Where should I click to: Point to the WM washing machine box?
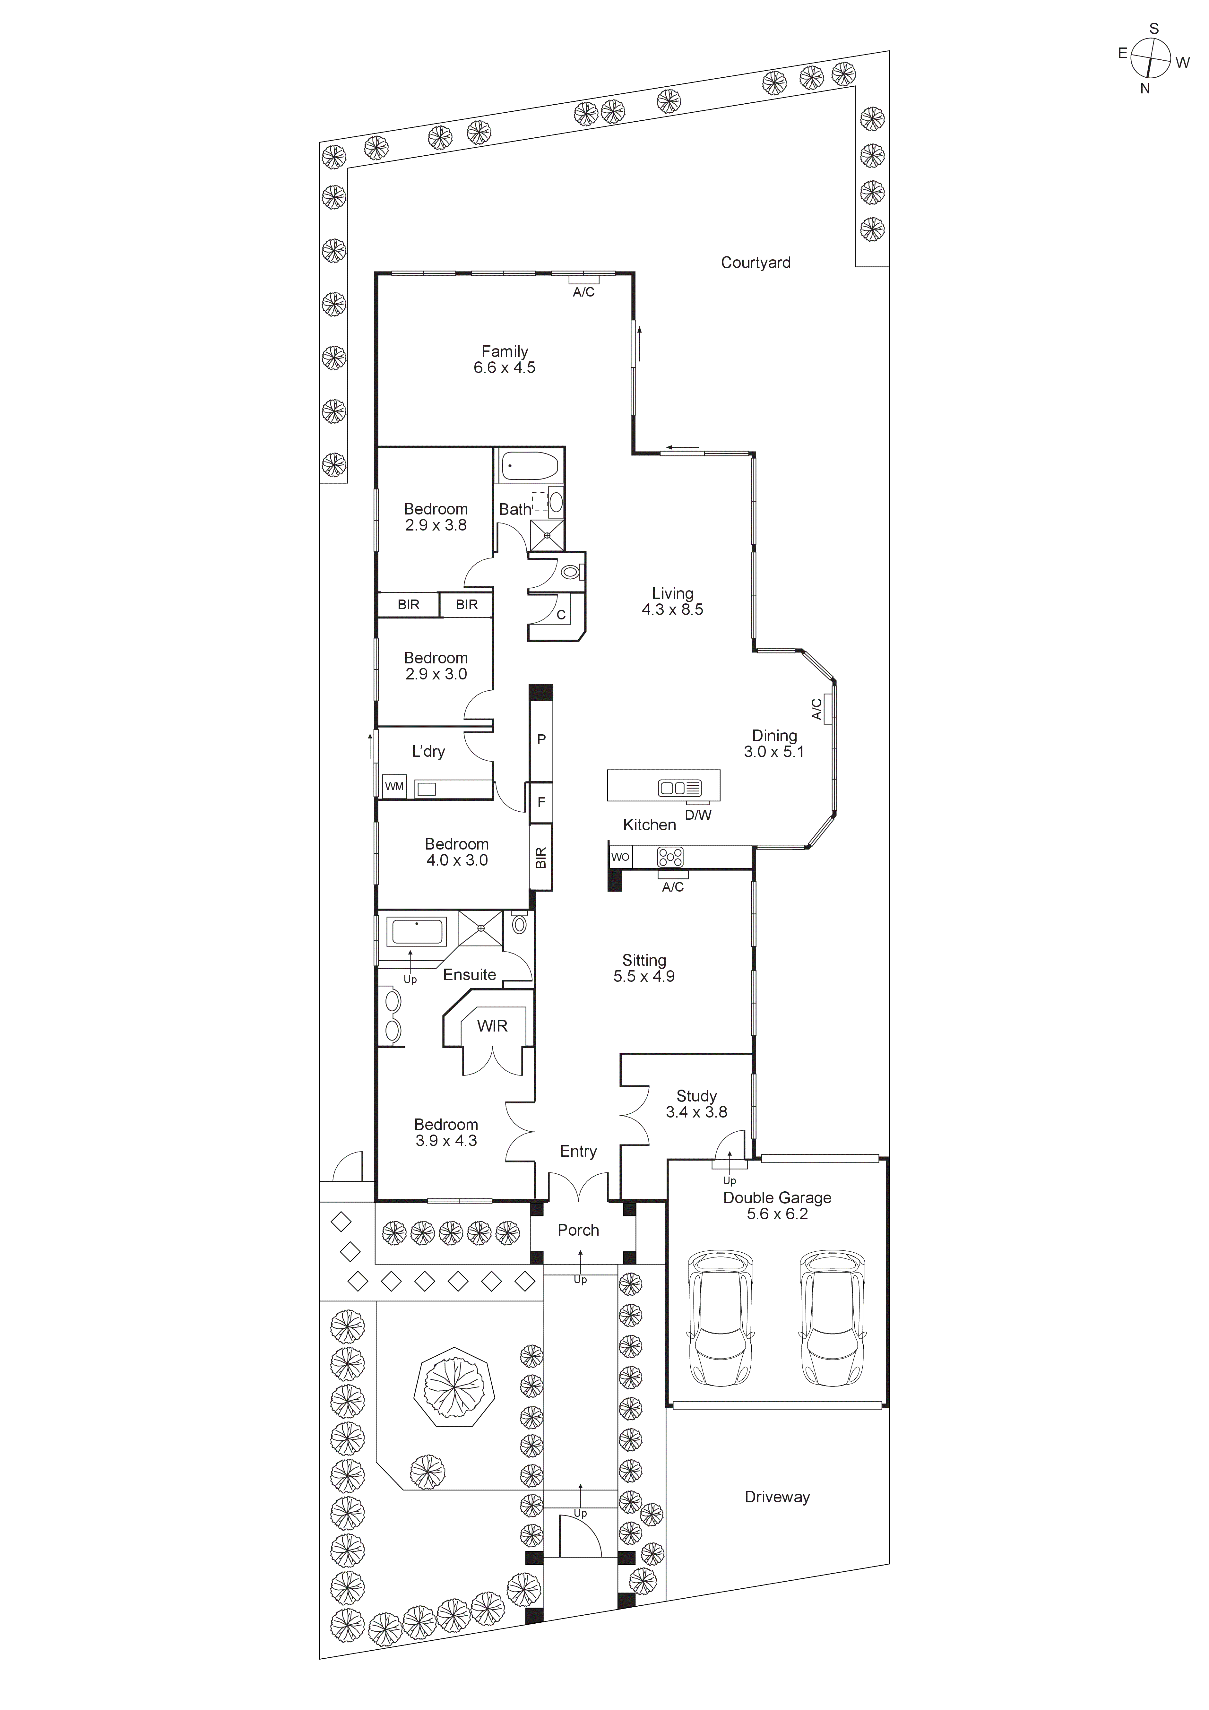click(x=394, y=787)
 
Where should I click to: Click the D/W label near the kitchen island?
click(x=698, y=815)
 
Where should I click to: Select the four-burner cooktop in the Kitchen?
click(x=670, y=857)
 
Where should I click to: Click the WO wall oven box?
click(x=620, y=857)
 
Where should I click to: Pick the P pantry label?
click(x=541, y=739)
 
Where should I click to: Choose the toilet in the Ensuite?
click(x=520, y=924)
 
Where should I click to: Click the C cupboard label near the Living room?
click(x=561, y=615)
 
